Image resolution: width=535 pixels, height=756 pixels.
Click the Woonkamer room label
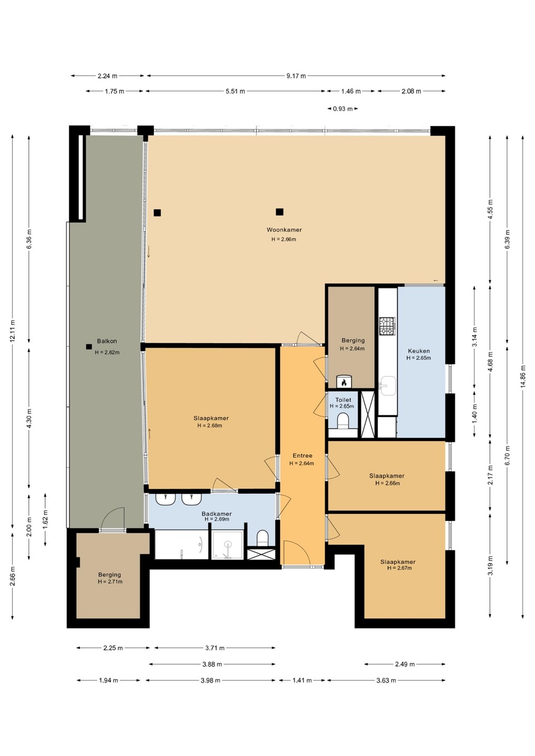[x=284, y=230]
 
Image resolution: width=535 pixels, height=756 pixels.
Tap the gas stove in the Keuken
[x=387, y=327]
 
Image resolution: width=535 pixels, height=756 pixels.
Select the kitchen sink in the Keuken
[x=387, y=385]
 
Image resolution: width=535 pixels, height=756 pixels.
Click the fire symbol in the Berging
[x=344, y=383]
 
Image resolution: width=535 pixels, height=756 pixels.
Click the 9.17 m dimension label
[x=296, y=76]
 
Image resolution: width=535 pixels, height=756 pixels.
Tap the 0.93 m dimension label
[x=343, y=109]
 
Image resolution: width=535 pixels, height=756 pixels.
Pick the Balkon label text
[x=107, y=341]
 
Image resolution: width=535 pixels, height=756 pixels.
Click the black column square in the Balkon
[x=89, y=346]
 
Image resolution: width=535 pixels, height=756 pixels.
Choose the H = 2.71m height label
[x=110, y=582]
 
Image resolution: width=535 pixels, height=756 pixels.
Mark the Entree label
[x=303, y=456]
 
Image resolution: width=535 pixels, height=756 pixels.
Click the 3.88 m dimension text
[x=212, y=664]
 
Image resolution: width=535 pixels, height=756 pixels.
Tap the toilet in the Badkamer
[x=262, y=537]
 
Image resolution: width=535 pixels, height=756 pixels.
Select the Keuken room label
[x=419, y=351]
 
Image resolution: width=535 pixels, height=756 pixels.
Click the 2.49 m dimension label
[x=405, y=664]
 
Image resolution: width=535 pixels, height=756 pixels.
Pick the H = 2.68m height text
[x=210, y=426]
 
